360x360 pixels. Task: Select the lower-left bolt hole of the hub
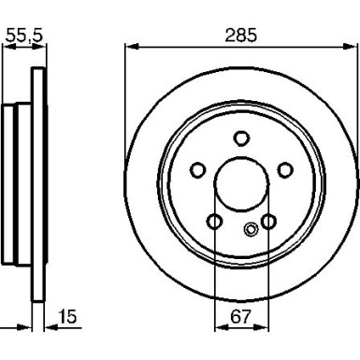(214, 222)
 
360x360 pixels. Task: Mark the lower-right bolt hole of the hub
(269, 222)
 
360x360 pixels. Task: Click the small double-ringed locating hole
(250, 229)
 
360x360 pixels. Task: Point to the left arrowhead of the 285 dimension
(129, 46)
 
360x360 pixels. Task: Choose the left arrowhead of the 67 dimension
(219, 327)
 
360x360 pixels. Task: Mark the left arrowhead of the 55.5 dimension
(3, 46)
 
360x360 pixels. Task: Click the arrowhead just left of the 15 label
(50, 327)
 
